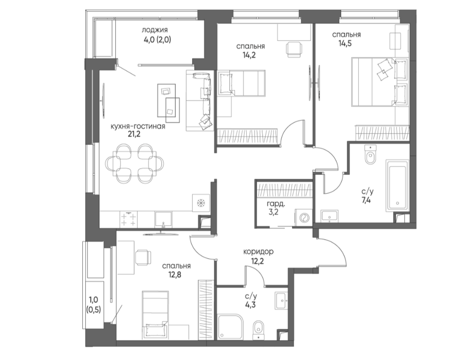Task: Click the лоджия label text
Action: tap(155, 30)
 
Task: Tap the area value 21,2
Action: tap(134, 134)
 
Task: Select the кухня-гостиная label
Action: tap(138, 127)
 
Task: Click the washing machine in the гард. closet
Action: tap(303, 217)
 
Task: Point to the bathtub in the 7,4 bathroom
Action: tap(397, 186)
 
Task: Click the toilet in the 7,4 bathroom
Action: tap(370, 155)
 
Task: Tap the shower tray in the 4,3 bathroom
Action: tap(231, 327)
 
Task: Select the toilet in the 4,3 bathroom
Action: tap(258, 330)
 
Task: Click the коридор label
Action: tap(258, 252)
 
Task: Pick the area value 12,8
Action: tap(175, 274)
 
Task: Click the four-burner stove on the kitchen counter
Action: tap(129, 220)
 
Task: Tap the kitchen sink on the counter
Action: tap(163, 219)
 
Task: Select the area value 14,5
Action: tap(345, 44)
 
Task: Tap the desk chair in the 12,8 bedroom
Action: tap(143, 257)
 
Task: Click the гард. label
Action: tap(276, 204)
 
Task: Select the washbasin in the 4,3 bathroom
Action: tap(281, 300)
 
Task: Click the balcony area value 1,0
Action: tap(93, 300)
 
